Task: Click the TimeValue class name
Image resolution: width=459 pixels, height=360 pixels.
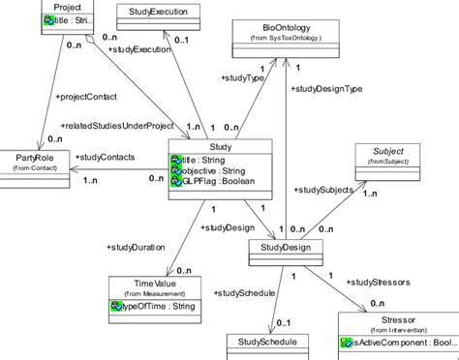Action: [153, 285]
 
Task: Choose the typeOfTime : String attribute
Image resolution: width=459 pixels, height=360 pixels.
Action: [158, 307]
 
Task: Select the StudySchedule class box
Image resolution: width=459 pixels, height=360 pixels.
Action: [267, 343]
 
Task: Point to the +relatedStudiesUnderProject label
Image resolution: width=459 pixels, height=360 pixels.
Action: [119, 126]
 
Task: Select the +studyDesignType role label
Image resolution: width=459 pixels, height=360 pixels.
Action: [328, 88]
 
